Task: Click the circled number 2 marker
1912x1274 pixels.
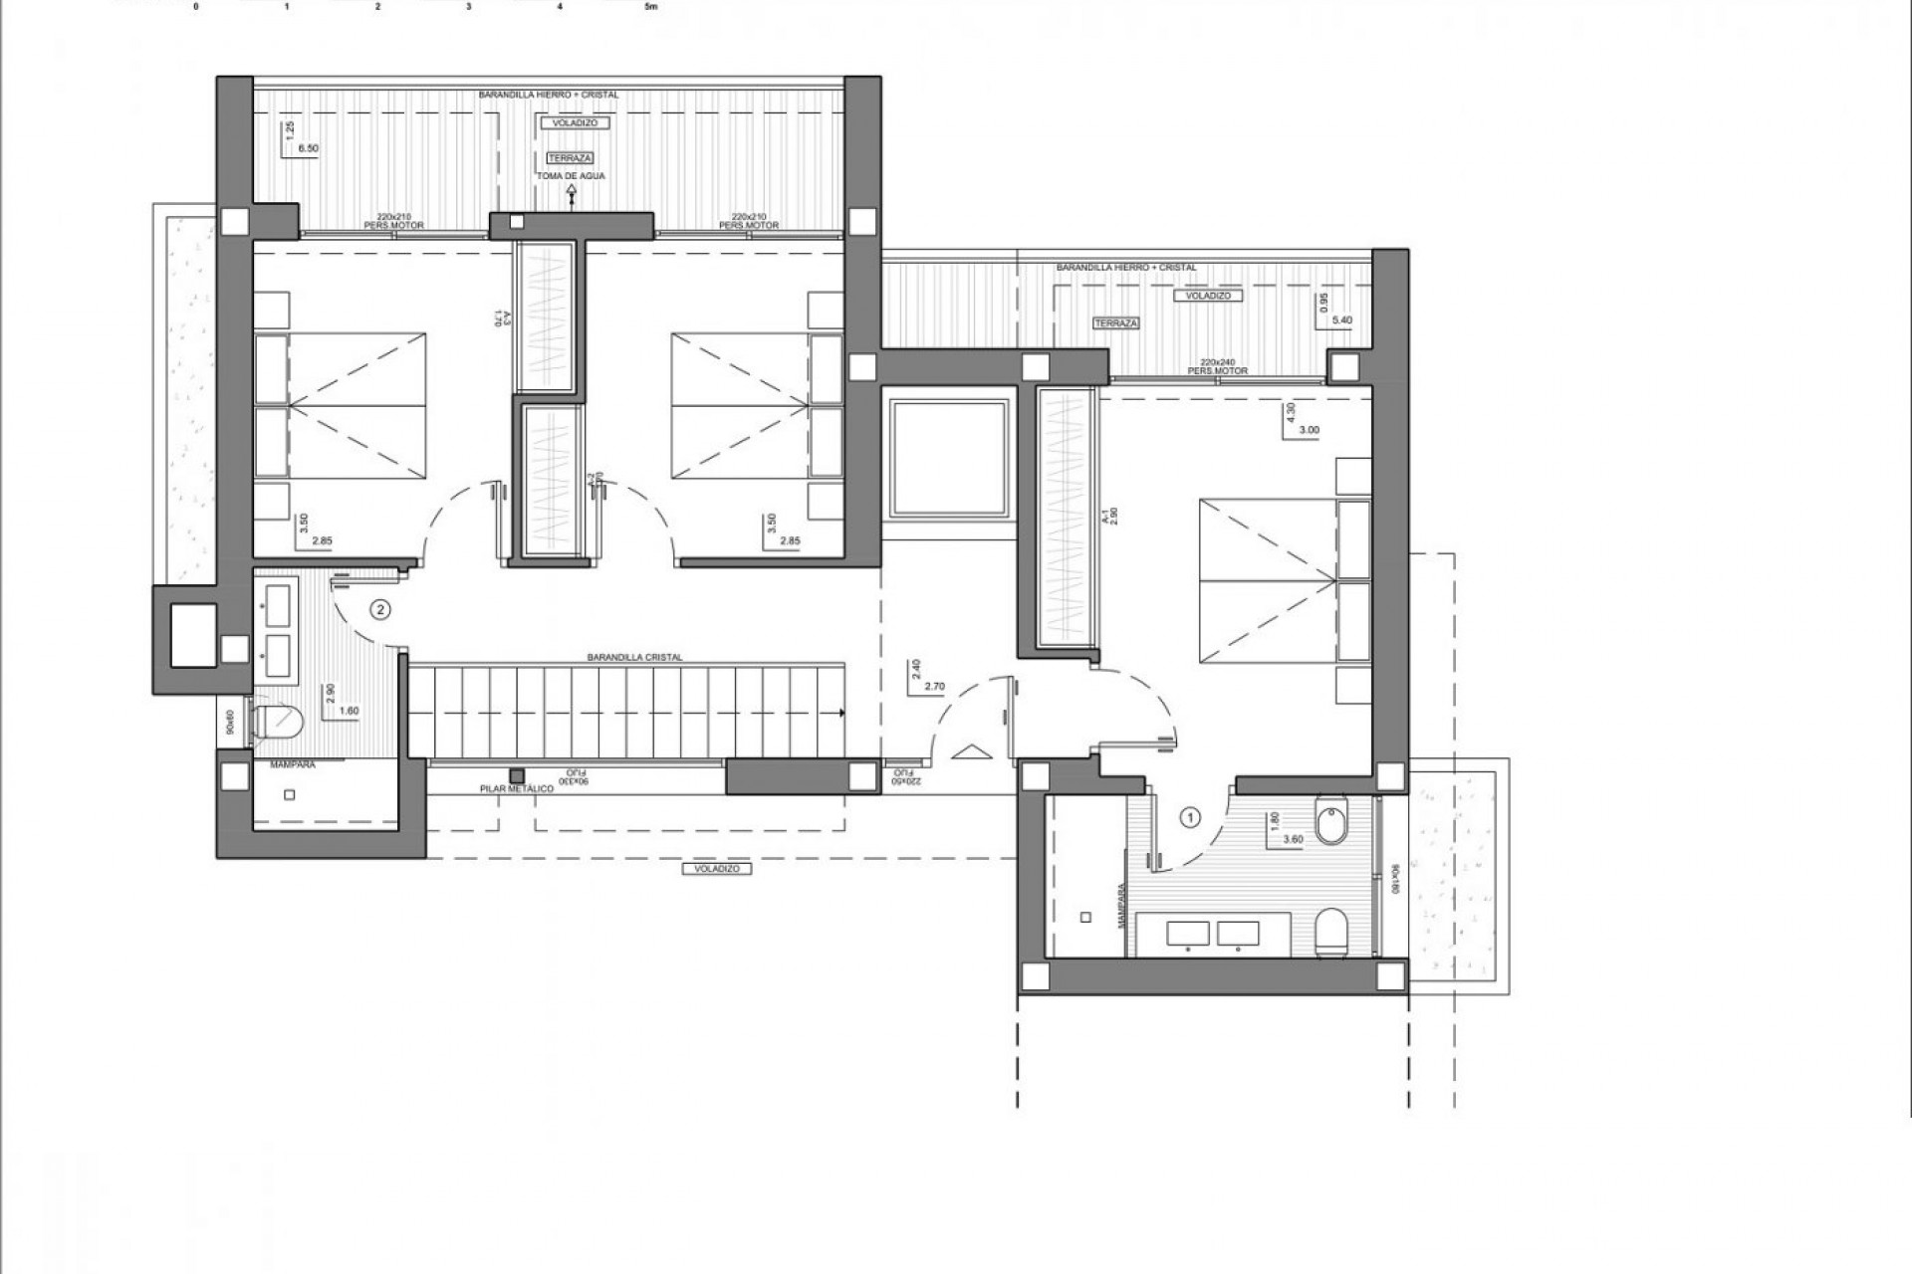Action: [378, 609]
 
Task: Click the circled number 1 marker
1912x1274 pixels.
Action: [1189, 817]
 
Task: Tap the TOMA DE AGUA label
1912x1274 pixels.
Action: [571, 176]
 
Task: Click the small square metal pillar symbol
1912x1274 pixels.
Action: [517, 775]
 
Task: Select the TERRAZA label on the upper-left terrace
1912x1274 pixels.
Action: [571, 158]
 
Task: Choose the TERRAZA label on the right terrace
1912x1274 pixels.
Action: [1115, 323]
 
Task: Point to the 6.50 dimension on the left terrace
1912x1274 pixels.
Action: [309, 148]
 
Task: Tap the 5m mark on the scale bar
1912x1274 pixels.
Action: [651, 7]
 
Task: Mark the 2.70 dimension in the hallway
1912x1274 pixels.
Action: [934, 687]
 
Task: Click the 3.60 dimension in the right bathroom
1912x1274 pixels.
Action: [1293, 839]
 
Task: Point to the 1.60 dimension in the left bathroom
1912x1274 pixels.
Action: [349, 711]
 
